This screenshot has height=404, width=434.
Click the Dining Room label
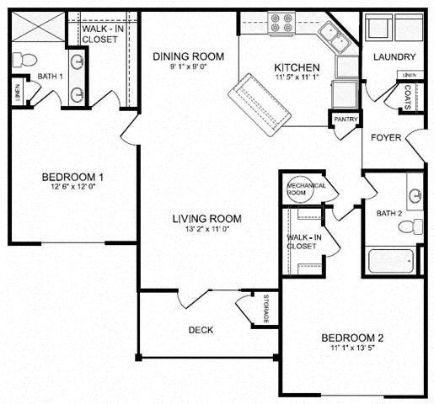[188, 56]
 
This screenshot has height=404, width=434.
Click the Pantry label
[346, 120]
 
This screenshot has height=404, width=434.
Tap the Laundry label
[393, 57]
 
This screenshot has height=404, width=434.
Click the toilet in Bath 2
[410, 226]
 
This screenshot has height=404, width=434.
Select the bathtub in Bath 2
[390, 259]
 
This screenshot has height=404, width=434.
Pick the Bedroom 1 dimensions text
[72, 188]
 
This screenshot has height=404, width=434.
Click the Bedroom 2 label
[352, 338]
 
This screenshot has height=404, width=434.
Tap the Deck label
[200, 329]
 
